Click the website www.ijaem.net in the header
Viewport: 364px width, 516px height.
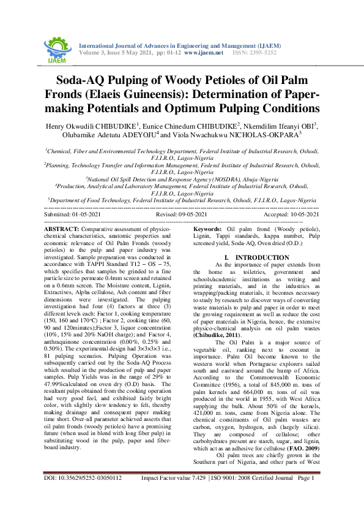point(202,53)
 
